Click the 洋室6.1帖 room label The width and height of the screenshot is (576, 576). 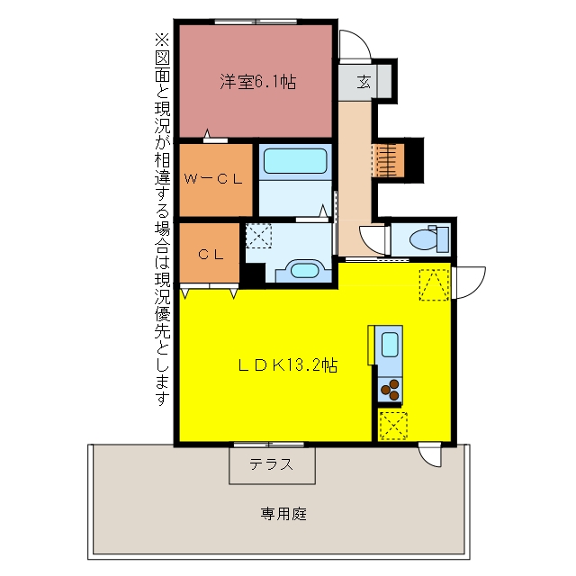[x=258, y=82]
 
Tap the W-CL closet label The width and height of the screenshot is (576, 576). [x=213, y=179]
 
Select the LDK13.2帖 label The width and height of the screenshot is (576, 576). [x=288, y=365]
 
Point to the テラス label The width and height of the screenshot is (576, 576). [x=272, y=464]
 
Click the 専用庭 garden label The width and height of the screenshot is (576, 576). [x=283, y=514]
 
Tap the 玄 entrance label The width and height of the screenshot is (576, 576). [x=364, y=82]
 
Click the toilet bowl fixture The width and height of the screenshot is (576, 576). [x=429, y=239]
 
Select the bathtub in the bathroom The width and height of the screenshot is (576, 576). [x=295, y=161]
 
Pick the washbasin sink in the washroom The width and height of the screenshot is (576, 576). [x=303, y=271]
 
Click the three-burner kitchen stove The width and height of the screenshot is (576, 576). [x=390, y=390]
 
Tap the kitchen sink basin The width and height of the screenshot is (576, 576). [x=390, y=344]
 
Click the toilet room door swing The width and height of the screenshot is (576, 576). [x=374, y=240]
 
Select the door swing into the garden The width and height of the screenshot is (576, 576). [x=430, y=454]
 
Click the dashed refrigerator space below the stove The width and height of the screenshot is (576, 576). [x=393, y=426]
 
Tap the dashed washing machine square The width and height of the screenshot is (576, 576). [x=258, y=236]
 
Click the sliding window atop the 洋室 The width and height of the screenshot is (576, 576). [x=256, y=22]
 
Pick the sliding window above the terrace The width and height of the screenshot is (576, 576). [x=268, y=445]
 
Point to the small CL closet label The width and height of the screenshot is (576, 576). [x=211, y=254]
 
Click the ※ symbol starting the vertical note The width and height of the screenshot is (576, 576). [x=162, y=40]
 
